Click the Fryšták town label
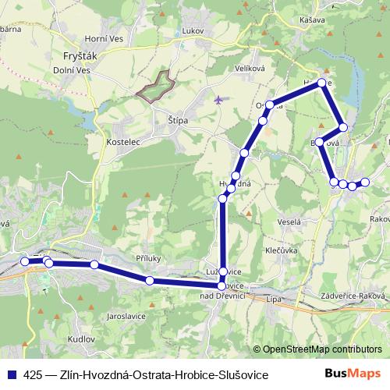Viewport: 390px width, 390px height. tap(79, 56)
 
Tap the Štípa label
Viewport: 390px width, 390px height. tap(179, 120)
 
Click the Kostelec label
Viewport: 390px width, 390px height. tap(122, 143)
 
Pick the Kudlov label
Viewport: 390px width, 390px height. tap(80, 340)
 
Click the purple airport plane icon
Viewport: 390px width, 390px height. tap(218, 100)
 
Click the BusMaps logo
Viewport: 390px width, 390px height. tap(353, 374)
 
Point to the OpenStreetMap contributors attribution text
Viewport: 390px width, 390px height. tap(322, 349)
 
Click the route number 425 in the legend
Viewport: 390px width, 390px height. tap(34, 375)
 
